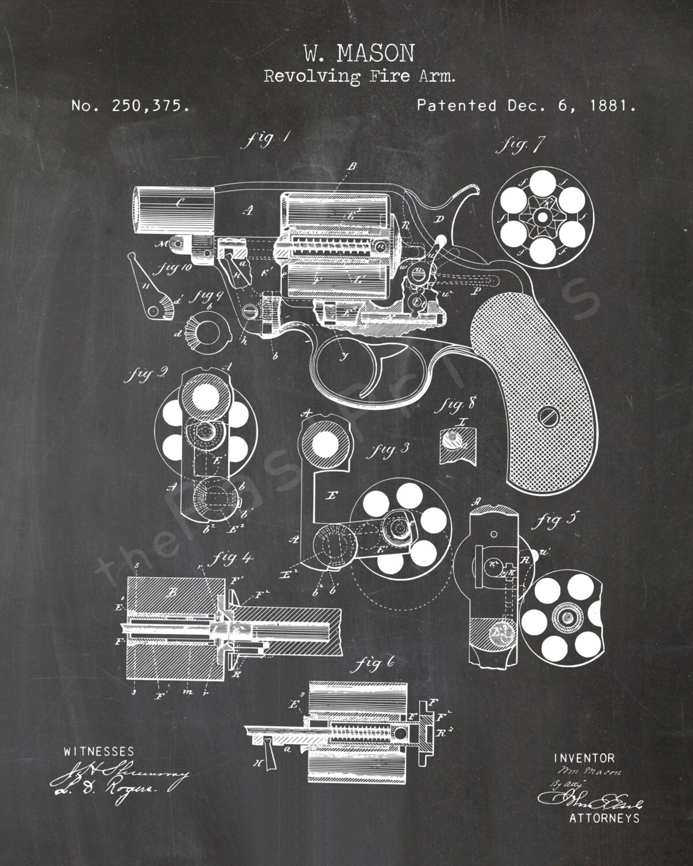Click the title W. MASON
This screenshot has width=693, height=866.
(x=358, y=55)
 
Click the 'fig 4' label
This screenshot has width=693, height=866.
(x=230, y=559)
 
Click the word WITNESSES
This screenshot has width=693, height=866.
(x=99, y=752)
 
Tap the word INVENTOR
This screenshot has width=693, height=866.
(x=584, y=757)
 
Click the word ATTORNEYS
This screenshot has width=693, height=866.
(x=604, y=818)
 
